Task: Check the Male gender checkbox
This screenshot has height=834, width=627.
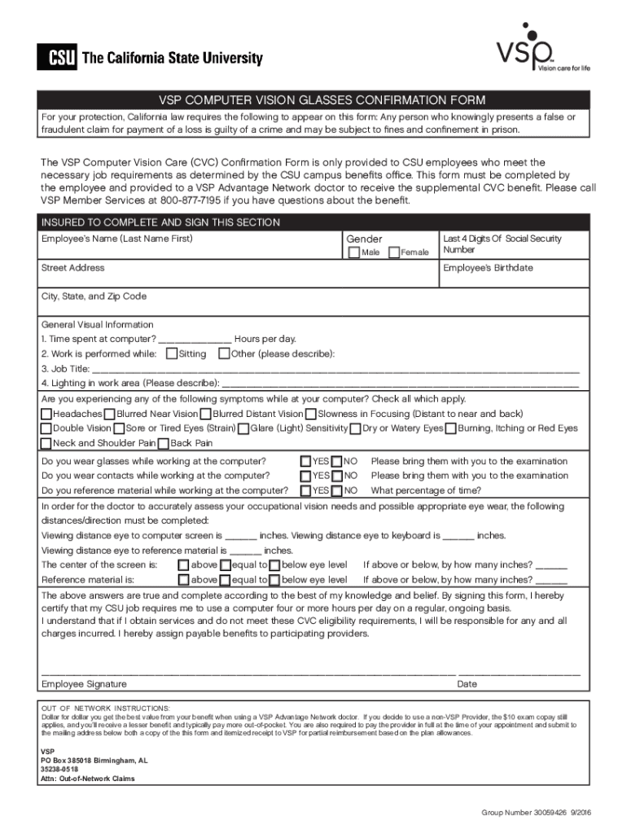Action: (x=353, y=252)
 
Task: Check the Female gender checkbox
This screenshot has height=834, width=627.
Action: (x=395, y=252)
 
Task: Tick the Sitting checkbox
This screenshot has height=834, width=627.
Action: (x=171, y=353)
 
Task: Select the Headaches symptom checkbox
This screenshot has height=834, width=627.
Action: (x=46, y=414)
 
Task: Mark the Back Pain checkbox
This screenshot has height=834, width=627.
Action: (x=163, y=443)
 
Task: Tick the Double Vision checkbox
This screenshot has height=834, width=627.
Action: (x=46, y=428)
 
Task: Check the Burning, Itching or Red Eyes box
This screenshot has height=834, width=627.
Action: (x=452, y=428)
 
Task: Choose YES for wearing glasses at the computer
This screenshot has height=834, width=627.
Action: (x=305, y=461)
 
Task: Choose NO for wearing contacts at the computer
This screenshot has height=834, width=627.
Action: (x=337, y=476)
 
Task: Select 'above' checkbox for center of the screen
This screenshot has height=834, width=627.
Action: (x=183, y=565)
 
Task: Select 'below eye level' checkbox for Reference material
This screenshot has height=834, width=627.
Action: (x=274, y=580)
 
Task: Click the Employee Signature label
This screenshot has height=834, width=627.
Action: (x=84, y=684)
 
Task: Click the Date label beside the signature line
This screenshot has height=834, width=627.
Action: (x=467, y=684)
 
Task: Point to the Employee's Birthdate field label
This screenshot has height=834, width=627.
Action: (x=488, y=268)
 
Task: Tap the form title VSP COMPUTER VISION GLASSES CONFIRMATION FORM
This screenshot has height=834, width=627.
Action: (x=313, y=100)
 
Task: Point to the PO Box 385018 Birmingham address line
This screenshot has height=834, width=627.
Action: (x=94, y=761)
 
